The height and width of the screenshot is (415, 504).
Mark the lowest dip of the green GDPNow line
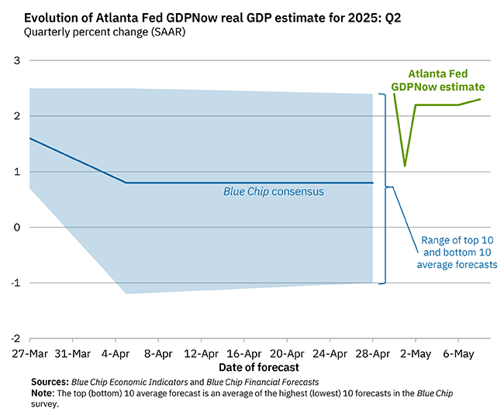405,165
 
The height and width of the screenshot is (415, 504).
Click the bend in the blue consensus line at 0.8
126,183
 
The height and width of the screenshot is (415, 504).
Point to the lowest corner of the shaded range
126,293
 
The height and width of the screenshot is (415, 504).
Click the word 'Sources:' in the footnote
50,382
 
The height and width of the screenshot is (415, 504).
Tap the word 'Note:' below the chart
43,393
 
